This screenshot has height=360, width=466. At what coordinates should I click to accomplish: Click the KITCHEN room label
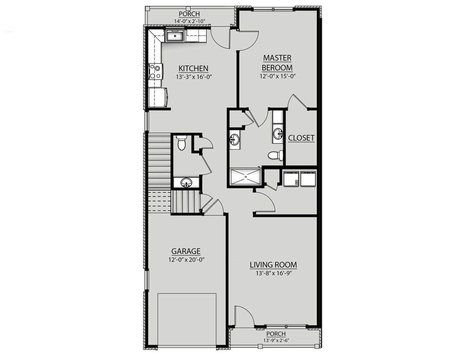click(193, 68)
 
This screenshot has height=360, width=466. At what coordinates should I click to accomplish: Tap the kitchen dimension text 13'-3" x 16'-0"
click(193, 77)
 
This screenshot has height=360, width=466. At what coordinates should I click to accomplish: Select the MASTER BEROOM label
click(277, 63)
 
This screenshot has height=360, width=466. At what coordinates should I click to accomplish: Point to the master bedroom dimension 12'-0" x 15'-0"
click(277, 76)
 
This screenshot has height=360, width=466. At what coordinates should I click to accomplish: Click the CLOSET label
click(301, 138)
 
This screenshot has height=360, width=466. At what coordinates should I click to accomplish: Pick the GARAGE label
click(186, 251)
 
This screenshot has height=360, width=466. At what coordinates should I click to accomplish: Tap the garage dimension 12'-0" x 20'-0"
click(186, 260)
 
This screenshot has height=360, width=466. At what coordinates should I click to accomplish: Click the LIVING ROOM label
click(273, 265)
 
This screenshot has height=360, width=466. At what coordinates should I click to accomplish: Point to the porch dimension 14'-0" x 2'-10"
click(189, 21)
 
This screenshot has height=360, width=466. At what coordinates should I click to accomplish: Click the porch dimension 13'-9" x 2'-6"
click(276, 340)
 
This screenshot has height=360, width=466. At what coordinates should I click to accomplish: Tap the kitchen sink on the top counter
click(175, 36)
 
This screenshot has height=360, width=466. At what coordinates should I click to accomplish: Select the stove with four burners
click(156, 71)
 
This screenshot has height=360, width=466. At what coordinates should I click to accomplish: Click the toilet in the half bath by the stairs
click(182, 143)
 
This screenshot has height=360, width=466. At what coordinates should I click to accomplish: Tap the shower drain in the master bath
click(246, 177)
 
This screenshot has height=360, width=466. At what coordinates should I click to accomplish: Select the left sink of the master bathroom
click(234, 139)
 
